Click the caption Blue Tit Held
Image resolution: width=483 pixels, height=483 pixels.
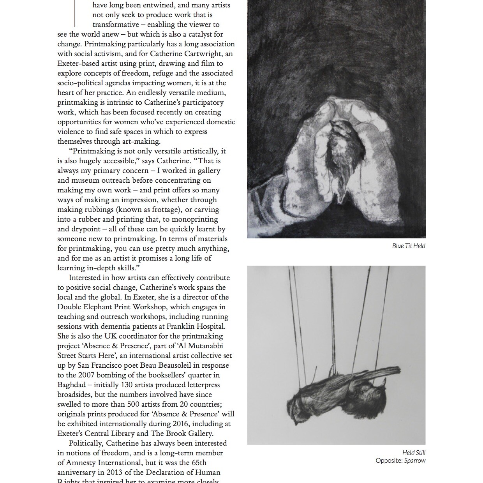(x=409, y=246)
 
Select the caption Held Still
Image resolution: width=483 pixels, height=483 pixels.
(x=414, y=453)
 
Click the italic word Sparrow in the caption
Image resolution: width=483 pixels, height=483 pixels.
(x=415, y=461)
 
